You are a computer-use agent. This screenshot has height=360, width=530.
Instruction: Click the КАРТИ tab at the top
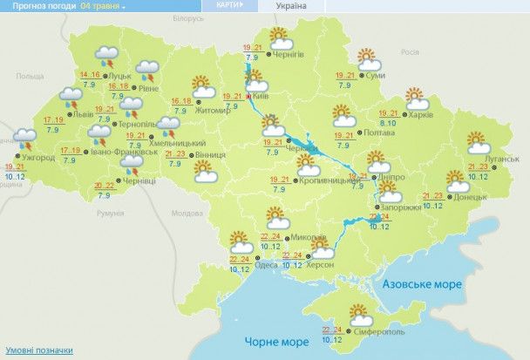pyautogui.click(x=229, y=5)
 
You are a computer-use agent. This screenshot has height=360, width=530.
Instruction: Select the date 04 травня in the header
pyautogui.click(x=99, y=6)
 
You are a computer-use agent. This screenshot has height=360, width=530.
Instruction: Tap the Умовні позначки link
pyautogui.click(x=35, y=349)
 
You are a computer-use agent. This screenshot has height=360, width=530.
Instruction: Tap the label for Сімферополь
pyautogui.click(x=373, y=332)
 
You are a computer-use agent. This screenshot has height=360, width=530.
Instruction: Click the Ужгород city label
pyautogui.click(x=38, y=157)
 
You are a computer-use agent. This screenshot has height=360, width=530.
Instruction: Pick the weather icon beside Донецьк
pyautogui.click(x=455, y=180)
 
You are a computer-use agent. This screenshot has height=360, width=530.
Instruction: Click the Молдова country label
pyautogui.click(x=187, y=213)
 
